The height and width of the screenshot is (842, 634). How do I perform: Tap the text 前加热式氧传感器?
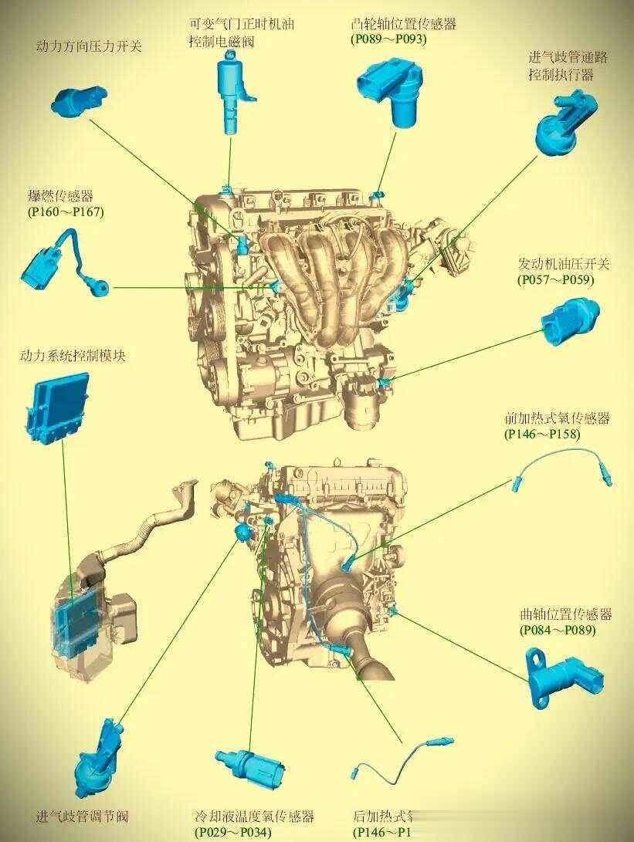557,419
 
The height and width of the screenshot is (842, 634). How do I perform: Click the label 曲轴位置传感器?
565,615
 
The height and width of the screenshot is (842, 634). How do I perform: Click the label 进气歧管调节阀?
82,817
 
